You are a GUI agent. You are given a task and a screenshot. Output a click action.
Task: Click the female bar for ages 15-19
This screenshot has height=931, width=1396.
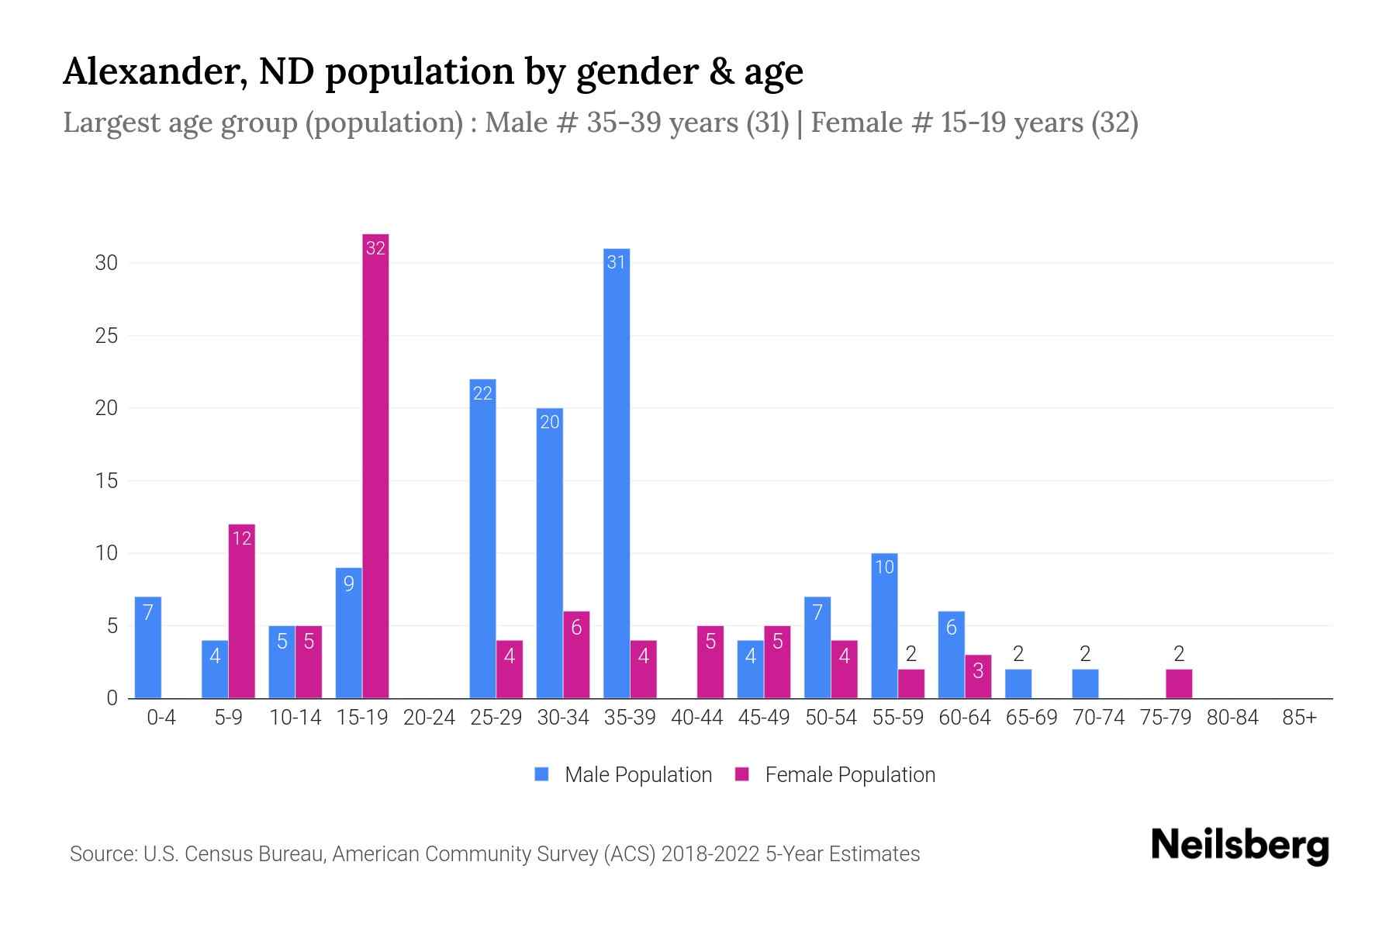(x=375, y=465)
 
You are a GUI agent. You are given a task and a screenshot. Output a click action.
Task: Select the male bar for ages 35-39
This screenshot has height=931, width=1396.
(x=617, y=473)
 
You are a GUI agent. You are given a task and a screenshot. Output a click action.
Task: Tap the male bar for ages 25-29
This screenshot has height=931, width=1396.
(x=482, y=539)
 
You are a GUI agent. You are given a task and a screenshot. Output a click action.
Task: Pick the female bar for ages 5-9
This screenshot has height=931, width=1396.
(x=241, y=613)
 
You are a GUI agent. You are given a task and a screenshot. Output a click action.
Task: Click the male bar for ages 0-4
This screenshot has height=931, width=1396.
(x=147, y=648)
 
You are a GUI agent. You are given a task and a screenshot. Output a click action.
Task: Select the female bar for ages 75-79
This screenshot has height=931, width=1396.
(x=1179, y=684)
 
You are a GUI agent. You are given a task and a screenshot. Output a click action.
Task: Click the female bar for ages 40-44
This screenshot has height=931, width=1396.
(x=710, y=663)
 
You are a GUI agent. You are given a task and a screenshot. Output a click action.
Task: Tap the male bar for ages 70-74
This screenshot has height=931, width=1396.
(x=1085, y=684)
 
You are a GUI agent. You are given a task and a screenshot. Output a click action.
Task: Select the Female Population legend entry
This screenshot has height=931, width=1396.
(x=835, y=774)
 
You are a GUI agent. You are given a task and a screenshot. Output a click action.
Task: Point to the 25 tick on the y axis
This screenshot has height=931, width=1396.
(x=106, y=336)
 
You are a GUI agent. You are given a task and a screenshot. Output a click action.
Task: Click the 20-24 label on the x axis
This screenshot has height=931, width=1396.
(x=429, y=718)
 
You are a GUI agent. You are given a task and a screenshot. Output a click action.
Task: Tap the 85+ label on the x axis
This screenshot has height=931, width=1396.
(x=1299, y=718)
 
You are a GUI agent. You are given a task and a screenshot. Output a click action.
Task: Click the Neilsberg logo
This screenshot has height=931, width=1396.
(x=1239, y=846)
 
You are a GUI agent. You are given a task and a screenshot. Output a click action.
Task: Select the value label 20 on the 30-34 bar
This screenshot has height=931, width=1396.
(x=549, y=423)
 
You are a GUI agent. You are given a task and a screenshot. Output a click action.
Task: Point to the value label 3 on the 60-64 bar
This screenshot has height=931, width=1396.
(x=978, y=671)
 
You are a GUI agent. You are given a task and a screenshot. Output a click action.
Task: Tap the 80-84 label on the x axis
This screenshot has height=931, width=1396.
(x=1232, y=718)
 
